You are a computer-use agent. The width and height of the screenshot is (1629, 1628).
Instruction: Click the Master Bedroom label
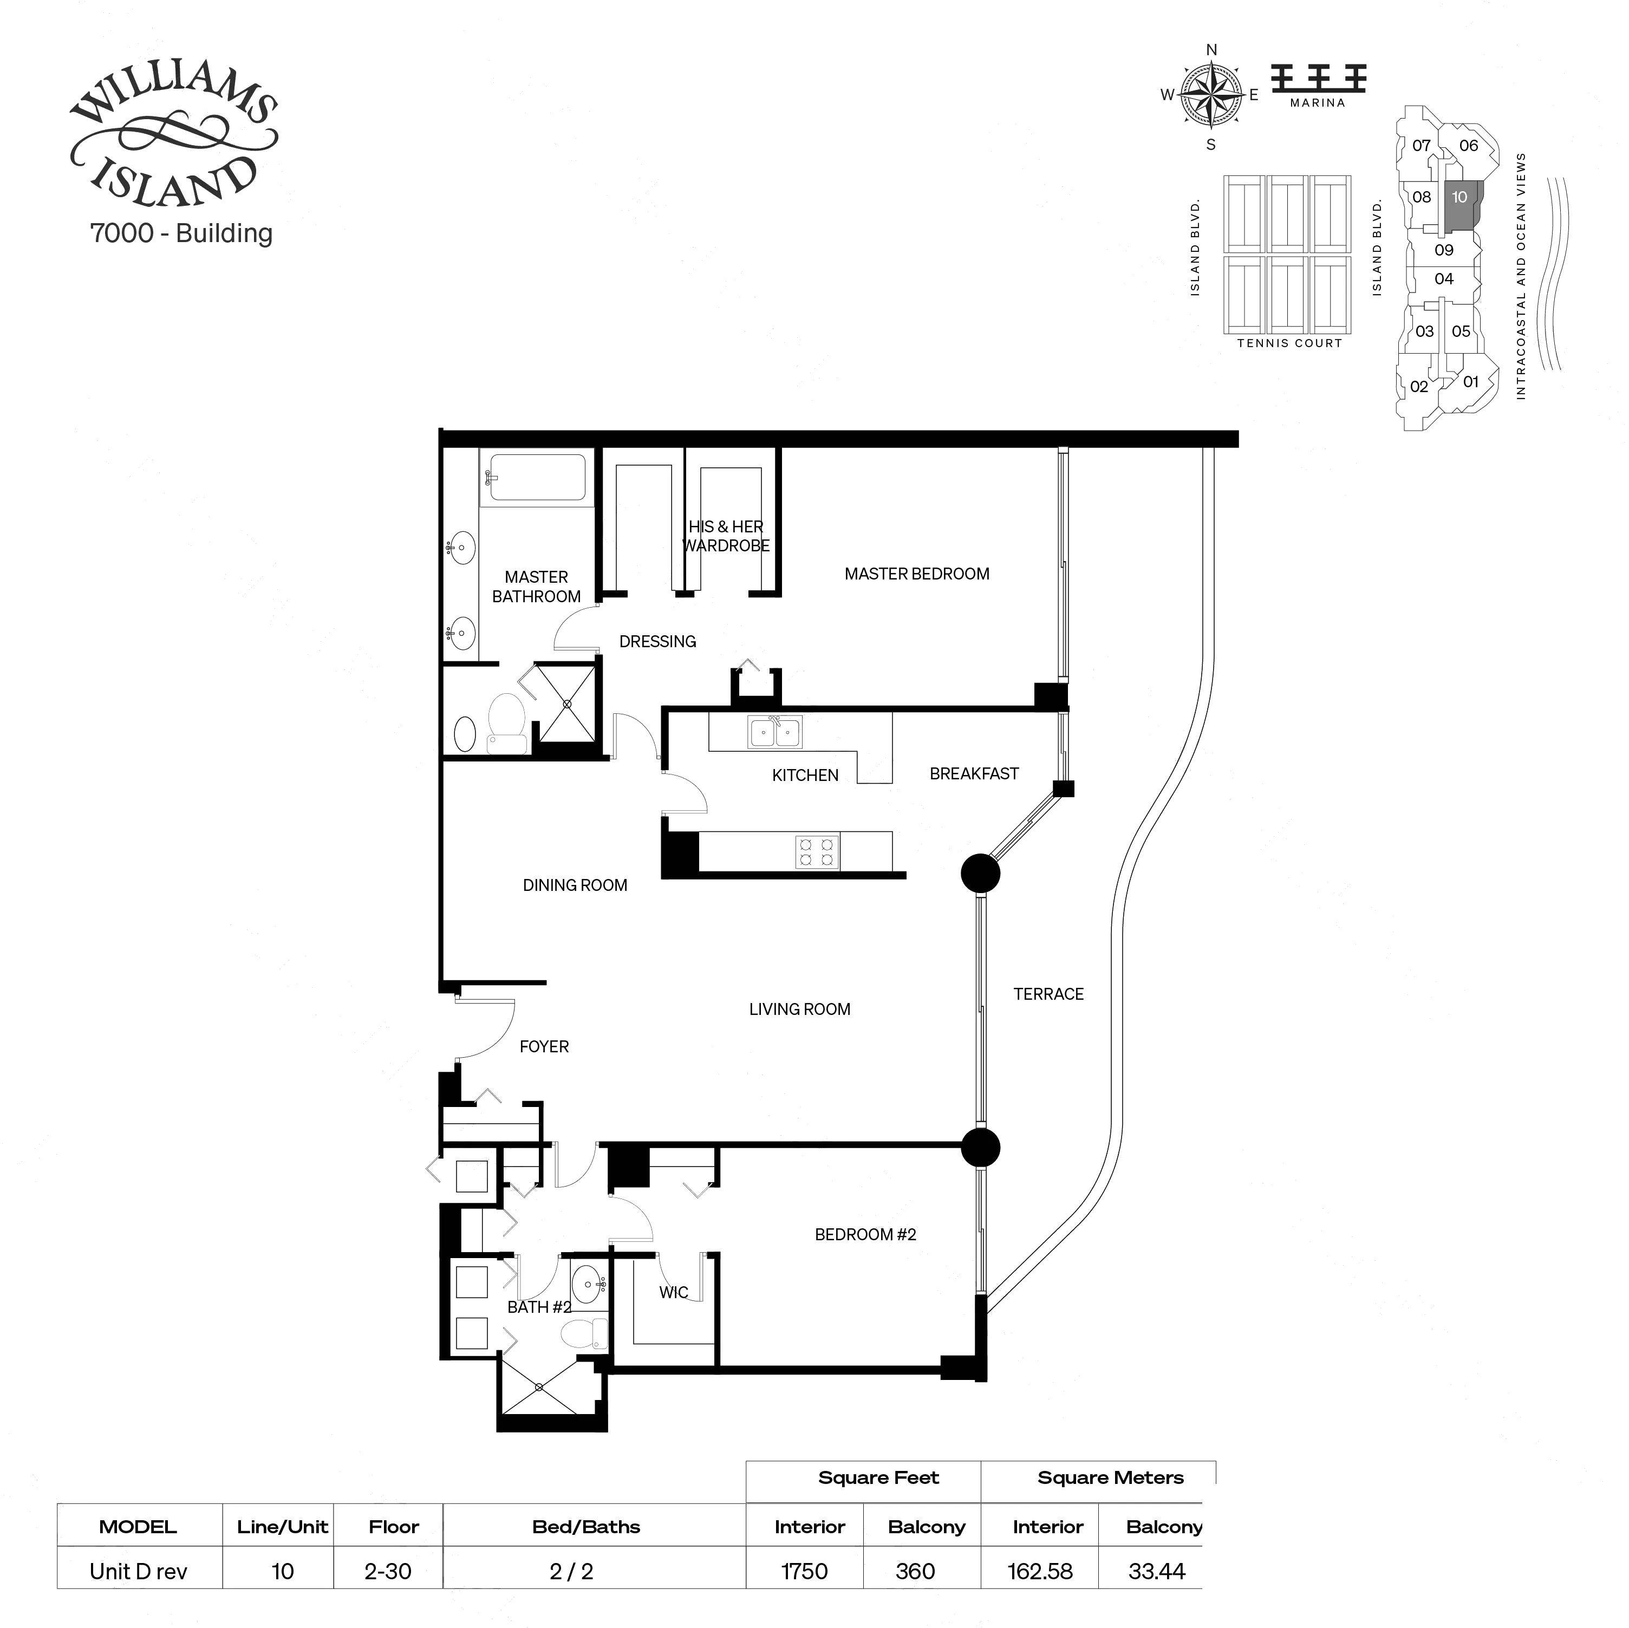click(916, 574)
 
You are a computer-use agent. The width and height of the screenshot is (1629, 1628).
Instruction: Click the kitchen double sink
click(774, 732)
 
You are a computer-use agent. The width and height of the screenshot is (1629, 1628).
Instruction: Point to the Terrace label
click(1048, 994)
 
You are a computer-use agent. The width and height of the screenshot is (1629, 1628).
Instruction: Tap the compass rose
click(1211, 96)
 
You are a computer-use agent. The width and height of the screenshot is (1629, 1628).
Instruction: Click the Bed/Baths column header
click(586, 1527)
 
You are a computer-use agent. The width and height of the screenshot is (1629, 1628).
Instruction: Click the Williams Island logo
click(173, 139)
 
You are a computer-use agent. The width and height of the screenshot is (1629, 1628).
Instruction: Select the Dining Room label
click(575, 885)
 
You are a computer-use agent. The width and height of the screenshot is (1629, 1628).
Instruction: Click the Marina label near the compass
click(1317, 103)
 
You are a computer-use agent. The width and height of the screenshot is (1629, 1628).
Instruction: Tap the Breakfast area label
click(974, 774)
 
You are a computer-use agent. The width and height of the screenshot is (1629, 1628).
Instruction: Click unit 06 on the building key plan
click(1468, 146)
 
